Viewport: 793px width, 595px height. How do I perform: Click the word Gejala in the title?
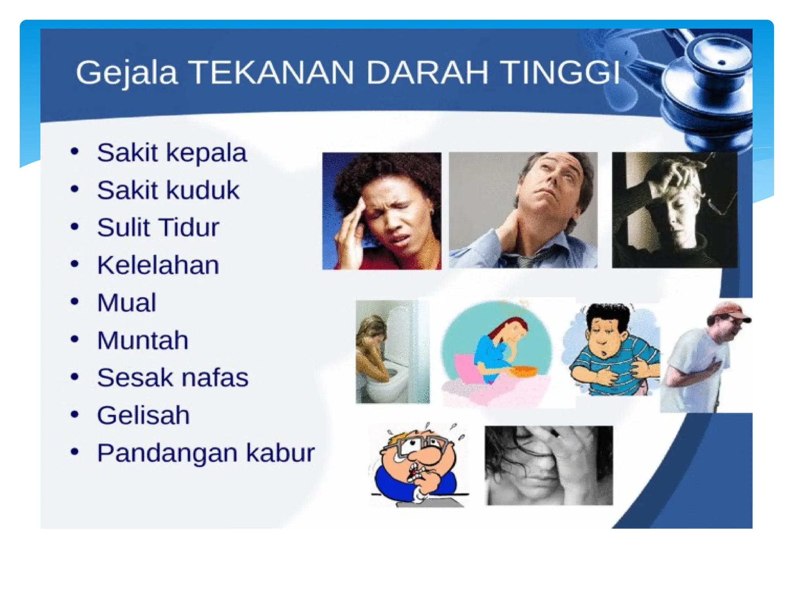tap(127, 72)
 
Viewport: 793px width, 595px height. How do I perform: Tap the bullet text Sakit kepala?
tap(172, 153)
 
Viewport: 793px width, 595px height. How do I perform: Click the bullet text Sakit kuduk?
tap(168, 190)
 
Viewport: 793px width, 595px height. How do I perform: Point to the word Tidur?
tap(189, 227)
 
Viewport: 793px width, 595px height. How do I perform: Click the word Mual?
tap(127, 303)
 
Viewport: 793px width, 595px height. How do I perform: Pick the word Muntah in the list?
tap(142, 340)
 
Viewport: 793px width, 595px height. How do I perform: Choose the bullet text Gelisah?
tap(143, 415)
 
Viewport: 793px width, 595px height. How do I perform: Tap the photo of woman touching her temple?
tap(381, 211)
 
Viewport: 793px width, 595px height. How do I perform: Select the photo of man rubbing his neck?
tap(523, 210)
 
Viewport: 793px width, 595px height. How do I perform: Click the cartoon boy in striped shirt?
tap(612, 349)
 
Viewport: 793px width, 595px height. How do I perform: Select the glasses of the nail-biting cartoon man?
tap(420, 444)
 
